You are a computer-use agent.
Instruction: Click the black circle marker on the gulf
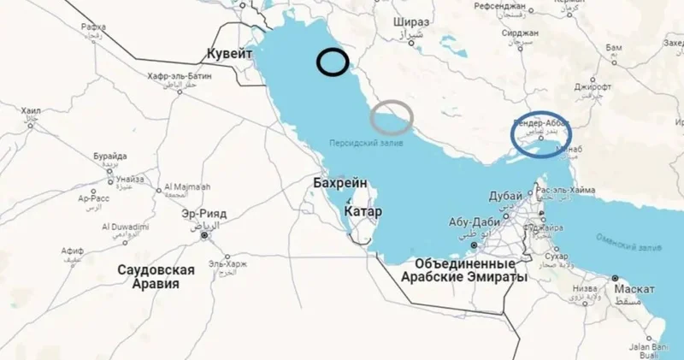pyautogui.click(x=332, y=62)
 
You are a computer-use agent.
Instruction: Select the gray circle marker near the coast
pyautogui.click(x=392, y=117)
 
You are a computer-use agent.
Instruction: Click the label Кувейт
pyautogui.click(x=230, y=54)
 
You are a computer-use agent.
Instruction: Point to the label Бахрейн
pyautogui.click(x=340, y=183)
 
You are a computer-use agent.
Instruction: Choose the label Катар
pyautogui.click(x=363, y=210)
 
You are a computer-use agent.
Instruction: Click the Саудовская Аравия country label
pyautogui.click(x=156, y=277)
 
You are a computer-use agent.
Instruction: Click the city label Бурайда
pyautogui.click(x=110, y=156)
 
